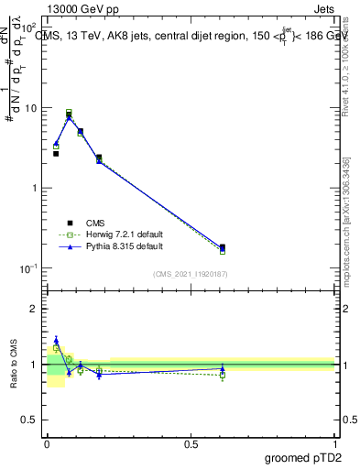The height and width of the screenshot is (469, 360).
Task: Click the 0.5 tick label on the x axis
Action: coord(191,443)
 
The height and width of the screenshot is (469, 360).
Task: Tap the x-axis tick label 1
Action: coord(335,443)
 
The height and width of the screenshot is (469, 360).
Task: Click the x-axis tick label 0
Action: coord(47,443)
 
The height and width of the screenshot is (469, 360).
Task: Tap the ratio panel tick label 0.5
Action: coord(31,421)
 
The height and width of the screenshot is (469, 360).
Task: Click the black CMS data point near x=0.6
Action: coord(223,247)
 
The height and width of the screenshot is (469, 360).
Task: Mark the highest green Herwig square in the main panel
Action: coord(69,113)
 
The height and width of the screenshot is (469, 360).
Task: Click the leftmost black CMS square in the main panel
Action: coord(56,154)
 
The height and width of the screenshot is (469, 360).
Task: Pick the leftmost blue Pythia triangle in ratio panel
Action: coord(56,340)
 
